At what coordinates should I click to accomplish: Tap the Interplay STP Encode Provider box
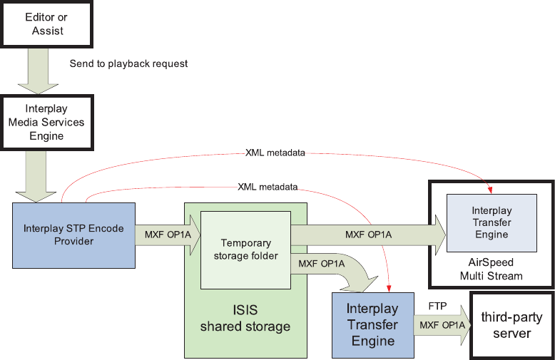pos(74,235)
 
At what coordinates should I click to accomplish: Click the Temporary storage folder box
pos(245,250)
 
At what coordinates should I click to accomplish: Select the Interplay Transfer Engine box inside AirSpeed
pos(492,222)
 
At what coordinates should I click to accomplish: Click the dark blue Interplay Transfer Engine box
pos(373,325)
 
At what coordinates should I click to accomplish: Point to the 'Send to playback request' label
pos(128,64)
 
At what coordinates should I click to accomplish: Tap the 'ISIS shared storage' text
pos(245,317)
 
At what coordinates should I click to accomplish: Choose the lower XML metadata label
pos(267,187)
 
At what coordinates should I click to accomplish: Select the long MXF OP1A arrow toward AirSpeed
pos(367,235)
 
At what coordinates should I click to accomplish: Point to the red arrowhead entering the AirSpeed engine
pos(492,190)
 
